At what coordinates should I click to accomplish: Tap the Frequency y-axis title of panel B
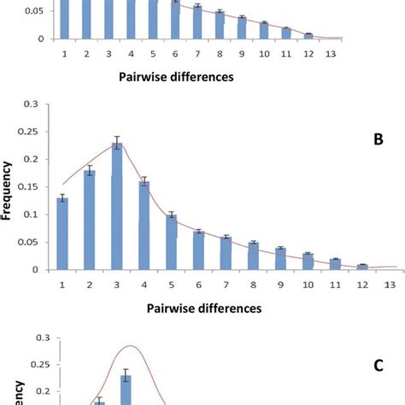(9, 187)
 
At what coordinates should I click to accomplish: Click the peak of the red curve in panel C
(131, 345)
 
